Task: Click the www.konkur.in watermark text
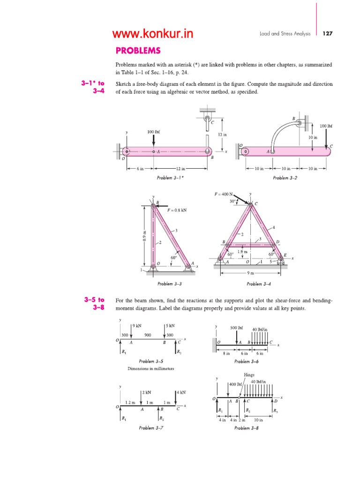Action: [x=152, y=34]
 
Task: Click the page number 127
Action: [x=327, y=34]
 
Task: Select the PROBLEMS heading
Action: [x=138, y=51]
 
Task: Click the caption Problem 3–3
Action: [x=170, y=284]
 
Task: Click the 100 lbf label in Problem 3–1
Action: [x=154, y=132]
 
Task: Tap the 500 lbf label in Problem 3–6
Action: [x=237, y=328]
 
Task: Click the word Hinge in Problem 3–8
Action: [x=249, y=375]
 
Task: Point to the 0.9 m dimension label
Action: [x=145, y=238]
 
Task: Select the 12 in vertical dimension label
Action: [x=222, y=135]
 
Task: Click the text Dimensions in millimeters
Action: [x=151, y=368]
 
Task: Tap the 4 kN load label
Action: [x=181, y=392]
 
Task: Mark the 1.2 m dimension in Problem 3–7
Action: [x=130, y=403]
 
